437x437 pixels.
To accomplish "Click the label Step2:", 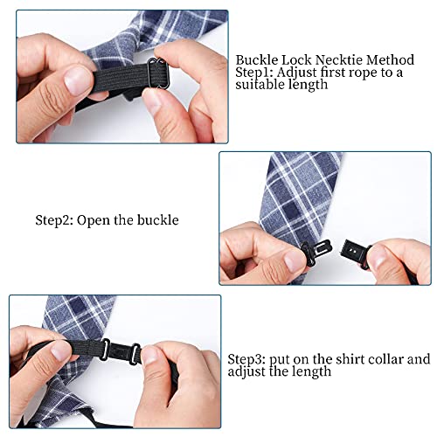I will point(54,220).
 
